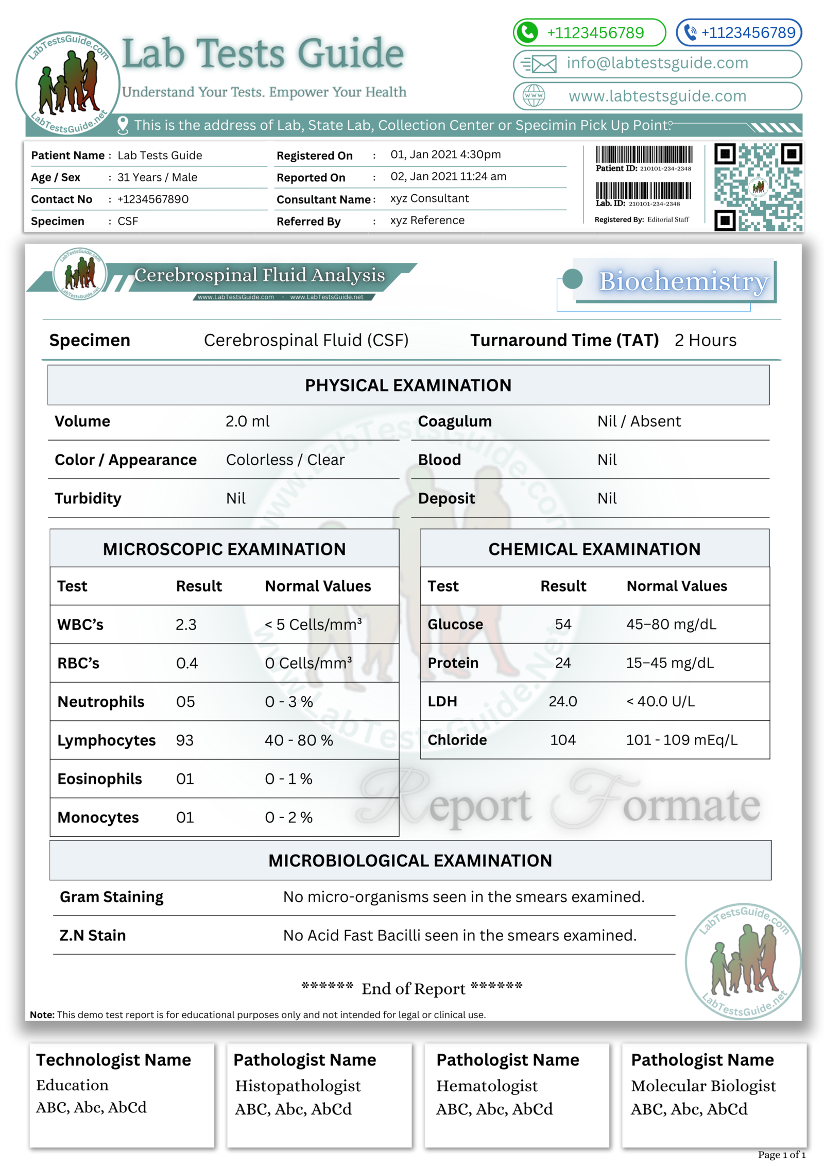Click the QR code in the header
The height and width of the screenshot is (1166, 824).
[x=758, y=187]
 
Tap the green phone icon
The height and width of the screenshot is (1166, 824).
[x=527, y=32]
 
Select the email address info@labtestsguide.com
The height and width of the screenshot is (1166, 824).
[x=657, y=63]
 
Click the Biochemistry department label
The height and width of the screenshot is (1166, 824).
[x=683, y=281]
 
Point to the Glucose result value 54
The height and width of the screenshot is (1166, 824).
[x=563, y=624]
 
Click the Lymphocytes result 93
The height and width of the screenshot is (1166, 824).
[x=185, y=740]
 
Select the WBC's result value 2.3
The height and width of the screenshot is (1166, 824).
[x=186, y=624]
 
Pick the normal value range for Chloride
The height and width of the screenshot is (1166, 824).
[x=681, y=740]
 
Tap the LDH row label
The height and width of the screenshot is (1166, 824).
[x=442, y=701]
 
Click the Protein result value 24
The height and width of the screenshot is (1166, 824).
[x=563, y=663]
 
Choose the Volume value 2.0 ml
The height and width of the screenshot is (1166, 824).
[x=247, y=421]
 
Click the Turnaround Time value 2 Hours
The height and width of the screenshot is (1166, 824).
[x=705, y=341]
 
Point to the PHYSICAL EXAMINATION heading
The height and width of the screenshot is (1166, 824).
[x=408, y=385]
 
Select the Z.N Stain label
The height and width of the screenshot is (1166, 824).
[x=93, y=935]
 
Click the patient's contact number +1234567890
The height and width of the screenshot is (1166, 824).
[x=153, y=199]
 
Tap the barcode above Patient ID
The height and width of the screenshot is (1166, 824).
[x=644, y=155]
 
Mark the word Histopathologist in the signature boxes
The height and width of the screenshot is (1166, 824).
[x=298, y=1086]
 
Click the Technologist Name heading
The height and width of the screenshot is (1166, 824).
[x=113, y=1060]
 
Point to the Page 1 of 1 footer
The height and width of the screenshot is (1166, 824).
[x=781, y=1155]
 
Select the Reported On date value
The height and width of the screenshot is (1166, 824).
[x=448, y=177]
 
